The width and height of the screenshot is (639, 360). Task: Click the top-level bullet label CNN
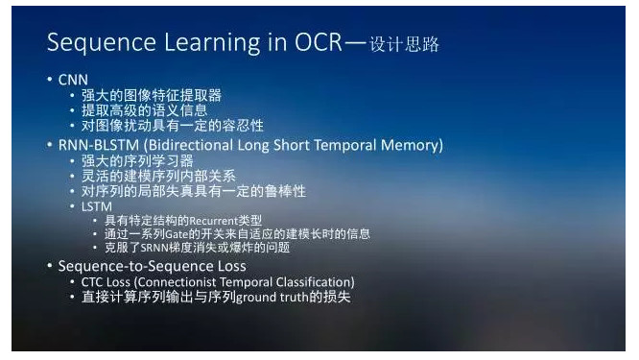[74, 80]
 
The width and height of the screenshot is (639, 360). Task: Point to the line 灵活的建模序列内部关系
[158, 177]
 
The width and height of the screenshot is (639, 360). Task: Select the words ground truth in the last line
[272, 298]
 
